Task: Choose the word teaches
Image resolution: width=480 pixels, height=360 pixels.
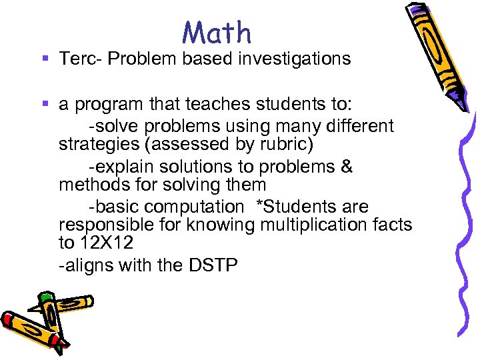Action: pyautogui.click(x=214, y=105)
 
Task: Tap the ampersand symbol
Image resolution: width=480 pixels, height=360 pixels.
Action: pyautogui.click(x=346, y=166)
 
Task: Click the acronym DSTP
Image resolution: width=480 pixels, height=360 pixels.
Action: pyautogui.click(x=213, y=265)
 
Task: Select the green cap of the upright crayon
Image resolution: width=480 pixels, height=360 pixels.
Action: pyautogui.click(x=45, y=297)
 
